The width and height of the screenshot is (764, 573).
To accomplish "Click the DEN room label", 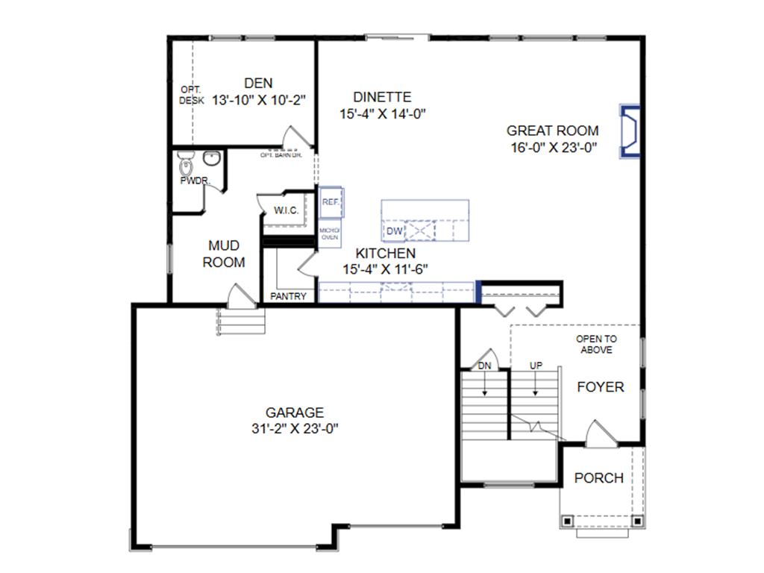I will pyautogui.click(x=258, y=84).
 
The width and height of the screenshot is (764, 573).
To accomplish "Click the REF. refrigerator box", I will pyautogui.click(x=331, y=202).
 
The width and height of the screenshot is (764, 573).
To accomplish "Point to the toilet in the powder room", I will pyautogui.click(x=187, y=163).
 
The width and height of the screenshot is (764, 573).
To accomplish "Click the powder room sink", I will pyautogui.click(x=212, y=159).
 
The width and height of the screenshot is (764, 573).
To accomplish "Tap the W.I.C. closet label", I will pyautogui.click(x=286, y=210).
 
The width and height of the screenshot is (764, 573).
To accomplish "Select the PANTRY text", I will pyautogui.click(x=288, y=296).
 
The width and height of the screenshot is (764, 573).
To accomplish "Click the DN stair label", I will pyautogui.click(x=485, y=366).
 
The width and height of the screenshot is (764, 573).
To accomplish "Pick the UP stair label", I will pyautogui.click(x=536, y=366).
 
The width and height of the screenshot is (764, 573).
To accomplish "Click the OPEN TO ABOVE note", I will pyautogui.click(x=596, y=344).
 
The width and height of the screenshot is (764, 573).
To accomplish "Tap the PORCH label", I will pyautogui.click(x=598, y=478).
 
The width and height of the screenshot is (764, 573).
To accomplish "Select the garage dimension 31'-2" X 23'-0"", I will pyautogui.click(x=295, y=428).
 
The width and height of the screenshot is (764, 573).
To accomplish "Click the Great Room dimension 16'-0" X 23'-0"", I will pyautogui.click(x=552, y=147).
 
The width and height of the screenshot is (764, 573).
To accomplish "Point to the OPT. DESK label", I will pyautogui.click(x=191, y=95).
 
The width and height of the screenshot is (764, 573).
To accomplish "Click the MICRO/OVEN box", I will pyautogui.click(x=330, y=234).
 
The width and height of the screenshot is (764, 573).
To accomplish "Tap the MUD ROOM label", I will pyautogui.click(x=224, y=254).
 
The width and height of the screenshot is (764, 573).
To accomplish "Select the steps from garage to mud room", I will pyautogui.click(x=241, y=322).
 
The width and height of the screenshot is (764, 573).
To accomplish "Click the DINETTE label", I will pyautogui.click(x=382, y=97).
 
